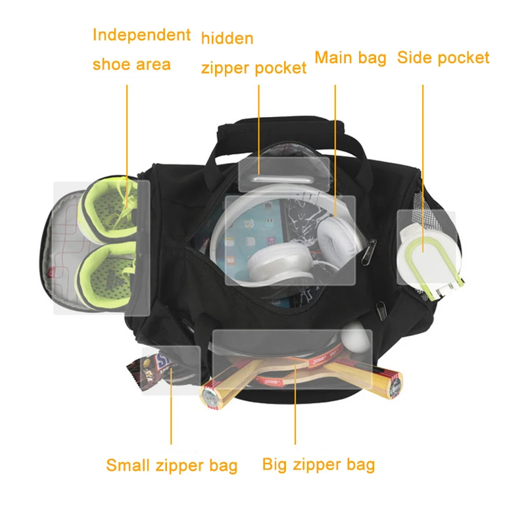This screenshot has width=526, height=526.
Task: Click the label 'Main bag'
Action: (350, 58)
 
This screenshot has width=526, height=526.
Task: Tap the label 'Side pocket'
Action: (443, 58)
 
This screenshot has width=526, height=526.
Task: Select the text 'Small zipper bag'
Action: (172, 466)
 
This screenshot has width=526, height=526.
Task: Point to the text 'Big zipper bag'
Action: (318, 464)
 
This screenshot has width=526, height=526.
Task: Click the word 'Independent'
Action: (141, 35)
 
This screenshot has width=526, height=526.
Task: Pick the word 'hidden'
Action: (227, 38)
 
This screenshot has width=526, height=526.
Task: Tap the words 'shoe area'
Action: (131, 64)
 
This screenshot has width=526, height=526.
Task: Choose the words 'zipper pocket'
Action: (254, 68)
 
